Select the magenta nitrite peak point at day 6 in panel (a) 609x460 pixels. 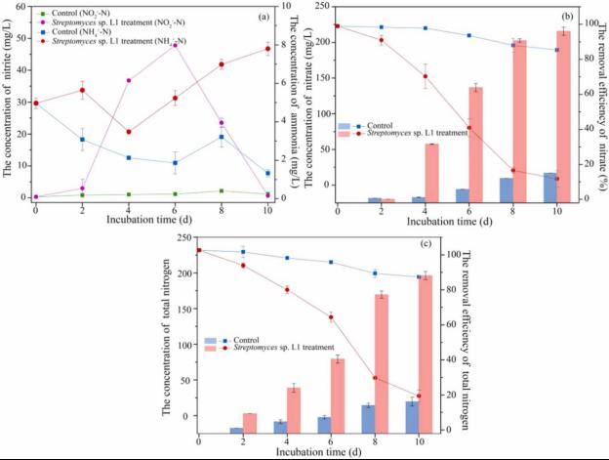[175, 45]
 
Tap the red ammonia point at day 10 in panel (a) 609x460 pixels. [267, 49]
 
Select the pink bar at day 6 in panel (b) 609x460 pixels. [475, 144]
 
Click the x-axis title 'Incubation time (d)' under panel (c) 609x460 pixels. [312, 452]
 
